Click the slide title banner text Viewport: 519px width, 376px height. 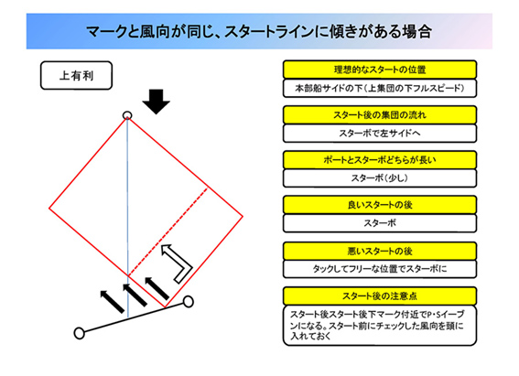pos(259,32)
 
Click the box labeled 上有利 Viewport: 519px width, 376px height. pos(77,75)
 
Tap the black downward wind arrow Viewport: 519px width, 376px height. pos(157,102)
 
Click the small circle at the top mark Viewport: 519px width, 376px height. pos(127,115)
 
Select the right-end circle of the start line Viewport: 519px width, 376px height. pos(189,301)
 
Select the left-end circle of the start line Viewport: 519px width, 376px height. pos(79,333)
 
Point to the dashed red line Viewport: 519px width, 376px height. pos(168,231)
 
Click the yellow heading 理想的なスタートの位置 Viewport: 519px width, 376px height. pos(380,70)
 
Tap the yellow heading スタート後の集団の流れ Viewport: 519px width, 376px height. pos(380,114)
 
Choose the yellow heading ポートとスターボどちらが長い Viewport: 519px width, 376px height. pos(380,160)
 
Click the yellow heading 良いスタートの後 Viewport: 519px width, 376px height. pos(380,205)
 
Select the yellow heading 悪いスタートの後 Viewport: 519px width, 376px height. pos(380,252)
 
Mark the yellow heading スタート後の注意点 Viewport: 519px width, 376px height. pos(380,296)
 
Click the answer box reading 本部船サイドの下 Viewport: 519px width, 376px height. pos(380,89)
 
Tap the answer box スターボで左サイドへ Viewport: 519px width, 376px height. pos(380,134)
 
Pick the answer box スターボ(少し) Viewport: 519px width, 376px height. pos(380,178)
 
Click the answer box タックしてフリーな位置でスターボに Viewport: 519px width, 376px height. pos(380,269)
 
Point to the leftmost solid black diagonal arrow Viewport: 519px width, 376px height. pos(113,302)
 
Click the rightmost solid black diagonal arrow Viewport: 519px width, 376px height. pos(157,289)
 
